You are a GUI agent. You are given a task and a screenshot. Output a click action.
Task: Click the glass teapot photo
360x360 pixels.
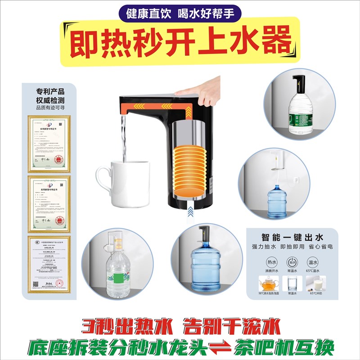[x=267, y=283]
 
